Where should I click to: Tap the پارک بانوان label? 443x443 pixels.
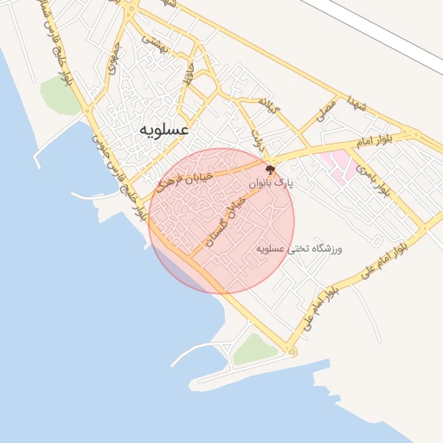[272, 184]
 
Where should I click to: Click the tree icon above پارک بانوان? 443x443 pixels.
[270, 170]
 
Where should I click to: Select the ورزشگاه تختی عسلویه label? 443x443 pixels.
[299, 249]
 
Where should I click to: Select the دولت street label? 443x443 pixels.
[256, 138]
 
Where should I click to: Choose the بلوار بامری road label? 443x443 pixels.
[369, 173]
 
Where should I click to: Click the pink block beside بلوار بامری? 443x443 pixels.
[338, 162]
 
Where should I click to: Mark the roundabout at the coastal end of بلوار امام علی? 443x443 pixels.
[292, 352]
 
